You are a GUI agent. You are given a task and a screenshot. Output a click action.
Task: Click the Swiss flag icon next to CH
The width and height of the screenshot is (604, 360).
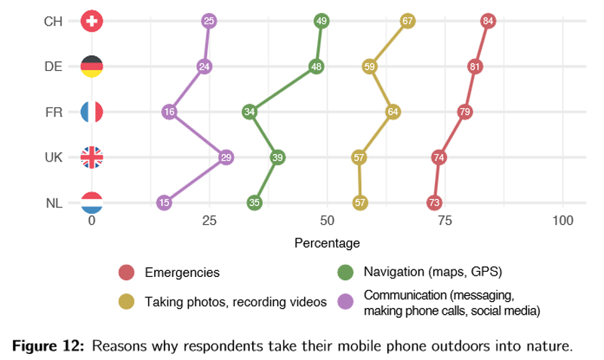(x=91, y=21)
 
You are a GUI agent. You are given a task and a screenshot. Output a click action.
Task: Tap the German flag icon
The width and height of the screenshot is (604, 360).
(x=91, y=66)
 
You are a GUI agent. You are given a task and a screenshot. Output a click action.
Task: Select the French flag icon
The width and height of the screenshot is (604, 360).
(x=91, y=112)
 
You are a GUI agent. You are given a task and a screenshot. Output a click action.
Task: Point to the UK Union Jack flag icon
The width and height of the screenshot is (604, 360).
(x=91, y=157)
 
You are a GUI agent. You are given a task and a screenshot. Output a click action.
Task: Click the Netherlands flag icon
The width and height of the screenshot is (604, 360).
(x=91, y=202)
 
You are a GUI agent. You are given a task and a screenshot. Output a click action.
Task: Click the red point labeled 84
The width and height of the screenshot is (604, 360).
(x=488, y=21)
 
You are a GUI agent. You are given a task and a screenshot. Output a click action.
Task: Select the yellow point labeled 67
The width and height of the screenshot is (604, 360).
(x=408, y=21)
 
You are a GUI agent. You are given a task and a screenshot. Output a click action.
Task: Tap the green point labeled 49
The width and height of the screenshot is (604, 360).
(x=322, y=21)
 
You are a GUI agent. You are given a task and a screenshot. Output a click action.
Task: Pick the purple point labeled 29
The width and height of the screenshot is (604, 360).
(x=226, y=157)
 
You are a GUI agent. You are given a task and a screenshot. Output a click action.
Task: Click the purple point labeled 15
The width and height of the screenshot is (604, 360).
(x=164, y=202)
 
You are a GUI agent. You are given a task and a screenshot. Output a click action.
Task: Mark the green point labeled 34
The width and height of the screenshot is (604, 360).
(x=250, y=112)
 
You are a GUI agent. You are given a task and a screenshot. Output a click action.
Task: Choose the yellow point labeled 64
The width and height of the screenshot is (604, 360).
(x=393, y=112)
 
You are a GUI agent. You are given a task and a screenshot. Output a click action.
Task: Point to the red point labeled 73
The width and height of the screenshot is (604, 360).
(x=433, y=202)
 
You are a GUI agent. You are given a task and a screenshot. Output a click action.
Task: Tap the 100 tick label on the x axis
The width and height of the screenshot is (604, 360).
(x=562, y=220)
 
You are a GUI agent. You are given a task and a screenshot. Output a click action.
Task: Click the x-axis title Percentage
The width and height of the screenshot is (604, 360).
(x=327, y=243)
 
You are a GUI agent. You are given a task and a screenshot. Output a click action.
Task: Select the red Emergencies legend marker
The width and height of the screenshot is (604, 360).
(x=126, y=272)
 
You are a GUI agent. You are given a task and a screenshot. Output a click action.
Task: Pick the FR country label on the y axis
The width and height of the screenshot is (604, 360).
(x=54, y=112)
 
